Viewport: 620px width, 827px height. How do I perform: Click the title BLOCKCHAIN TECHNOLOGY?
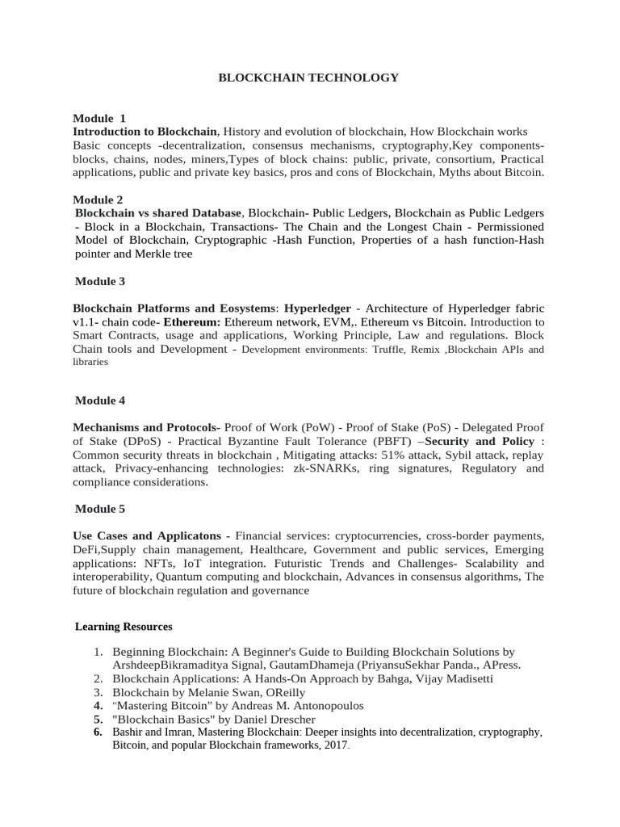tap(309, 78)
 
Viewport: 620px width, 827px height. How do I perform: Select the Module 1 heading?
tap(99, 118)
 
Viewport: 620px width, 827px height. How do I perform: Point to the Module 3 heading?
tap(100, 281)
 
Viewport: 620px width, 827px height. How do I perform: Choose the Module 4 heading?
tap(100, 401)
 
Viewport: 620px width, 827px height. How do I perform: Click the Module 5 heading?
tap(100, 509)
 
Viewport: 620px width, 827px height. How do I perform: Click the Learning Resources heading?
tap(124, 627)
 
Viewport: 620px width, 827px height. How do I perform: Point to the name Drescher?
tap(290, 719)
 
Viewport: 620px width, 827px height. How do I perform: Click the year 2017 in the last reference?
tap(335, 745)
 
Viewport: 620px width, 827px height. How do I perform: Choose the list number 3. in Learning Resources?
tap(98, 692)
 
